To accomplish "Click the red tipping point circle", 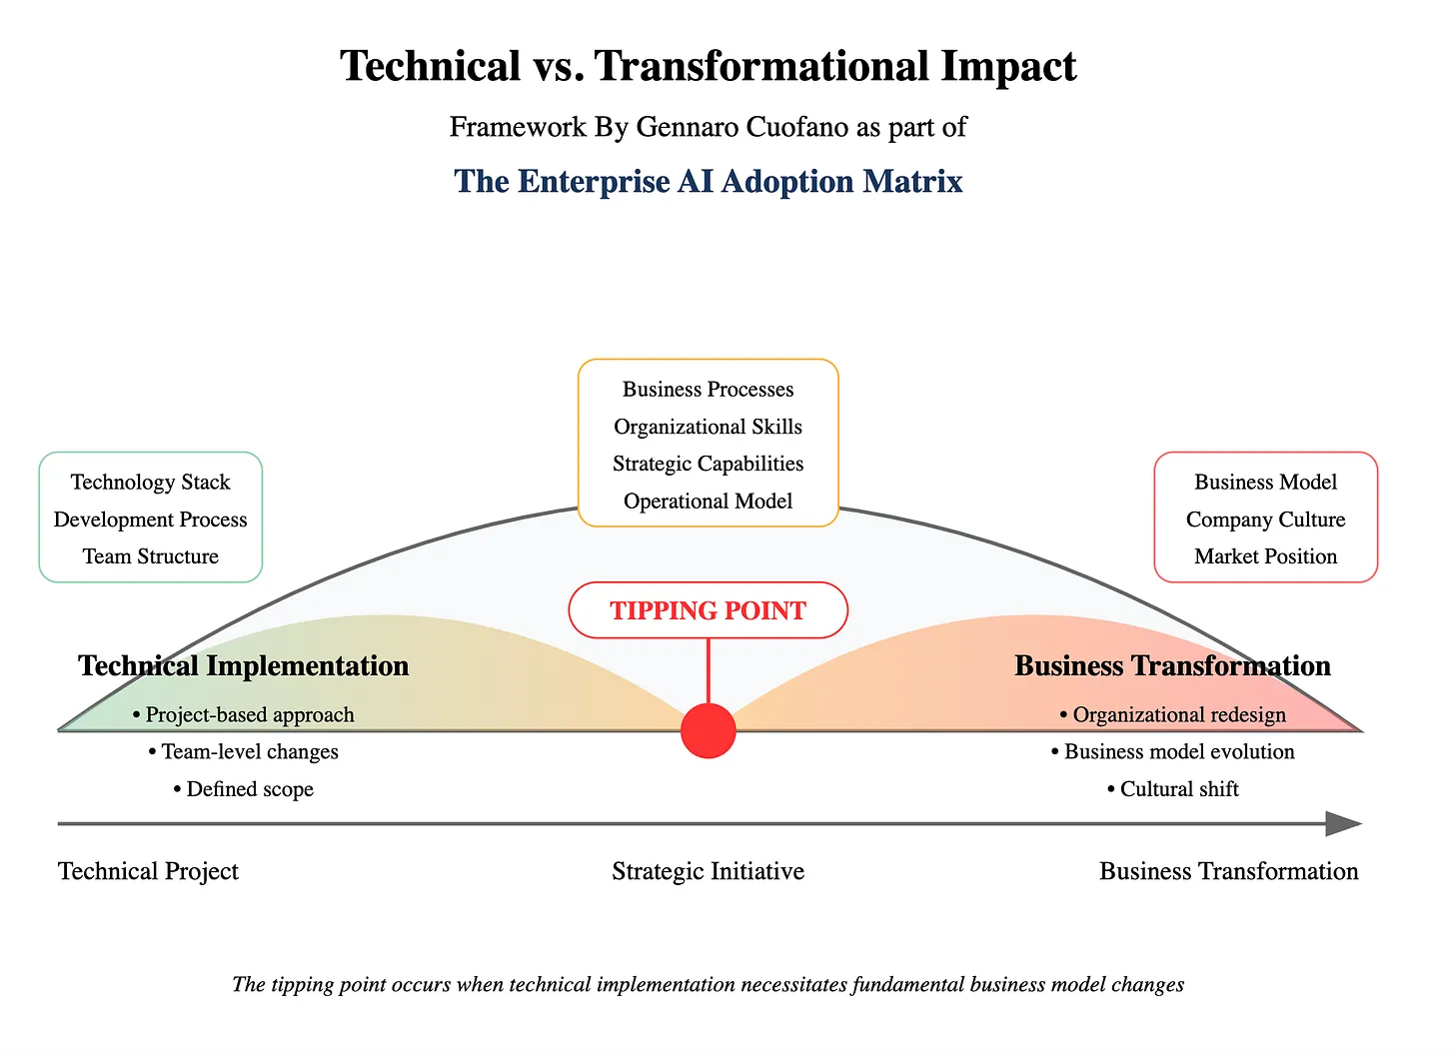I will [708, 730].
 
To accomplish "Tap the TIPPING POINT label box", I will [708, 610].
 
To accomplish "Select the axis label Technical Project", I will [148, 871].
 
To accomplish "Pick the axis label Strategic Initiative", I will [708, 871].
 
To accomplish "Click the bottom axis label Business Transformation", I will [1228, 871].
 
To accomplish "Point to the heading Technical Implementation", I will [243, 666].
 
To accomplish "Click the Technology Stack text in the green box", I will [150, 483].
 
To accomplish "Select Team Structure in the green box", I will [150, 556].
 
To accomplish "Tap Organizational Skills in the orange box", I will [708, 427].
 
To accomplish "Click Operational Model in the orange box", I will [708, 502].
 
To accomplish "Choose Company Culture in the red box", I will [1265, 520].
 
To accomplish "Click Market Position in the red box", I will [1265, 556].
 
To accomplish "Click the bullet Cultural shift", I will [1173, 789].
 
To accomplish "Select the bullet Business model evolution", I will [1173, 752].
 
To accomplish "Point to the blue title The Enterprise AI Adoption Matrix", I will [708, 182].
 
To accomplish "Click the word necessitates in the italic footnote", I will [793, 985].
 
